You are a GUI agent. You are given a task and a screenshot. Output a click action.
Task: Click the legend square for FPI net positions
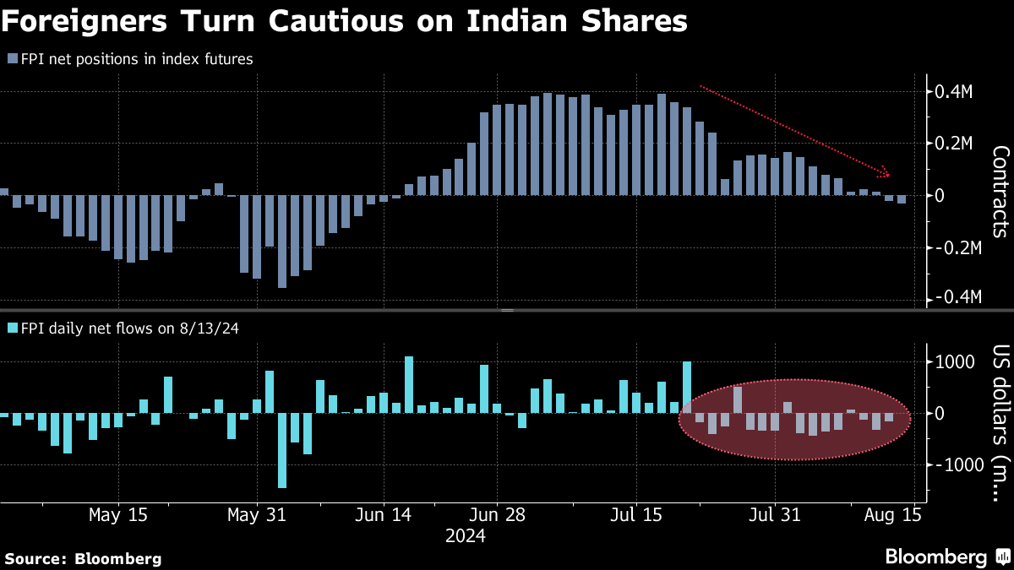12,59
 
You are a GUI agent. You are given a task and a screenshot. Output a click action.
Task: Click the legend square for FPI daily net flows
12,328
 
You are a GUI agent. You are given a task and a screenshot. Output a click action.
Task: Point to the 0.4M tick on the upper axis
951,91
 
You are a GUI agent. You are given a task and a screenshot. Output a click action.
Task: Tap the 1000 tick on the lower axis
951,362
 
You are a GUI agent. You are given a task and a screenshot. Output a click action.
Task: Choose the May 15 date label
117,514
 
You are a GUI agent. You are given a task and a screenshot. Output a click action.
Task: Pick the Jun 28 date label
496,514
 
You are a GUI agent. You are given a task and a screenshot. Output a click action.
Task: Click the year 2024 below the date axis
466,536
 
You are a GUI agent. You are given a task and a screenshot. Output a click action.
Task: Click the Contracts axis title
1000,191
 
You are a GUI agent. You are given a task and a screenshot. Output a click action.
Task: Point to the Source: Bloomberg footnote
83,558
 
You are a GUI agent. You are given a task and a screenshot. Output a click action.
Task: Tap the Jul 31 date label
774,514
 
